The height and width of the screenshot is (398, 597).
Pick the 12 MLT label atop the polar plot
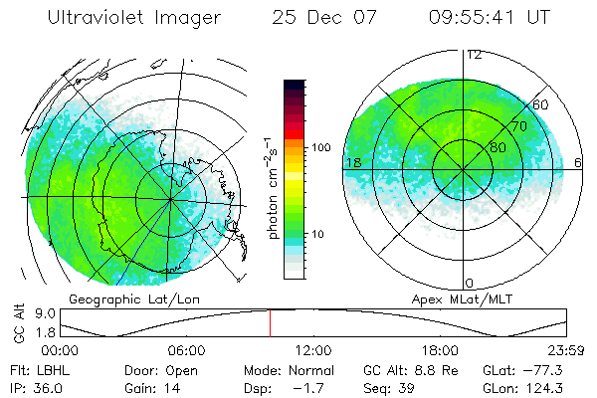474,54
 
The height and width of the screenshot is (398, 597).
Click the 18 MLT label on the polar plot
352,162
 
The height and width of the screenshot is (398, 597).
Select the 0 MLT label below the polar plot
470,284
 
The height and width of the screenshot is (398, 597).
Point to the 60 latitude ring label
541,103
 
